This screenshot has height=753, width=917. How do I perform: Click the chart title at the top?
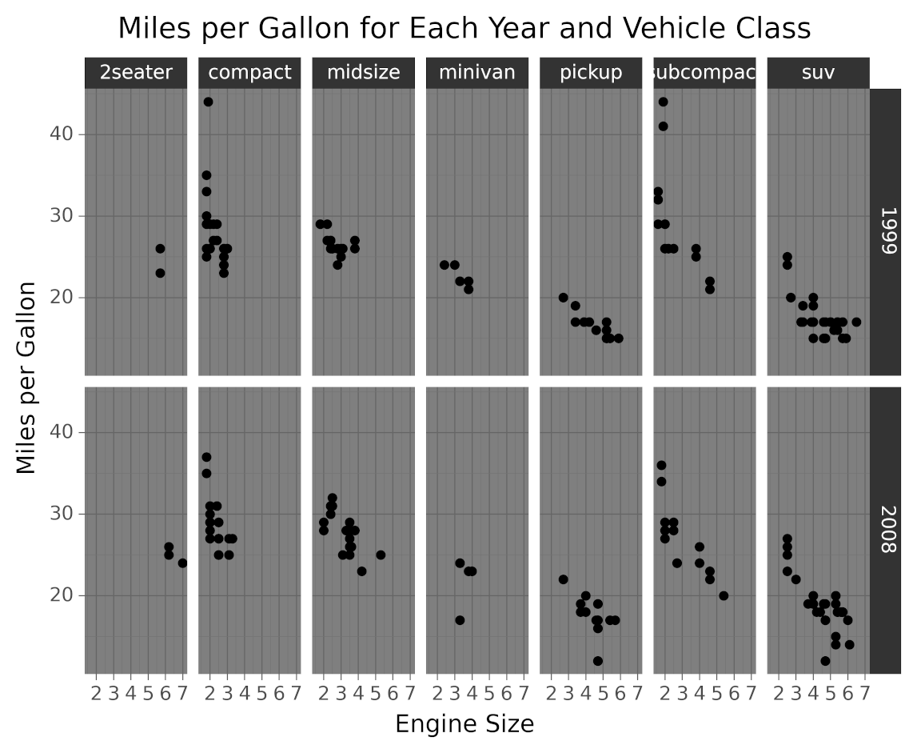pyautogui.click(x=464, y=29)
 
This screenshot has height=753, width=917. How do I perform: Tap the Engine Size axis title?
pyautogui.click(x=464, y=724)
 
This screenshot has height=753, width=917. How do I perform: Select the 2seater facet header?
pyautogui.click(x=136, y=73)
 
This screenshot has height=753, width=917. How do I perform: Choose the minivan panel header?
pyautogui.click(x=476, y=73)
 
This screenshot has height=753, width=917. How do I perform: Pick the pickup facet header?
pyautogui.click(x=591, y=73)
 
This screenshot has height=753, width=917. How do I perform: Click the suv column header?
pyautogui.click(x=818, y=73)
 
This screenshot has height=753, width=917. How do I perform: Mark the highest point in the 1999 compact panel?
pyautogui.click(x=208, y=102)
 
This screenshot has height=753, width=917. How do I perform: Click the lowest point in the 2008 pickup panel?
pyautogui.click(x=598, y=661)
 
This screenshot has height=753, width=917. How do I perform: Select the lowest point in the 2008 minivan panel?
pyautogui.click(x=460, y=620)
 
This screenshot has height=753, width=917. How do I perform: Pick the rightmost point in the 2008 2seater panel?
pyautogui.click(x=182, y=563)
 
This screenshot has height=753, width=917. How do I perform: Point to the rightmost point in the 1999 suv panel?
pyautogui.click(x=856, y=322)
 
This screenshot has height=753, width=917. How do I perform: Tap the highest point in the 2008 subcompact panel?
pyautogui.click(x=661, y=465)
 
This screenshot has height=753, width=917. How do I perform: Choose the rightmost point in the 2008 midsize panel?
pyautogui.click(x=381, y=555)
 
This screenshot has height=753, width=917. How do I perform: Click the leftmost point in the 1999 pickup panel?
pyautogui.click(x=563, y=298)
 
